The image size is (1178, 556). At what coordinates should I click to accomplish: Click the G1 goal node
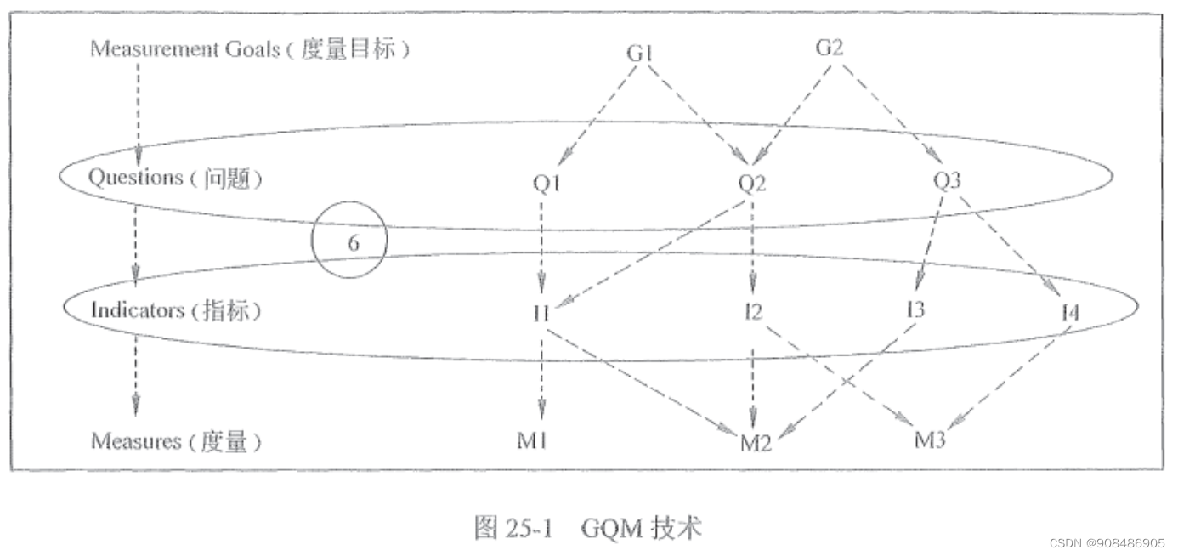pyautogui.click(x=639, y=53)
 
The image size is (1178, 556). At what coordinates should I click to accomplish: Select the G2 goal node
pyautogui.click(x=829, y=48)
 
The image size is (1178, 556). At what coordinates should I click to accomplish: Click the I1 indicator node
pyautogui.click(x=541, y=313)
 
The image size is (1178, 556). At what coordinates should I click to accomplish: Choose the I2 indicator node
pyautogui.click(x=750, y=311)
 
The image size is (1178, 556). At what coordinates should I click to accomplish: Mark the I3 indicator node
pyautogui.click(x=915, y=309)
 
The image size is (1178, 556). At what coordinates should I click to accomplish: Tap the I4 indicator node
pyautogui.click(x=1070, y=313)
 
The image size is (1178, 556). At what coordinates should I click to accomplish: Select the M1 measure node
pyautogui.click(x=532, y=440)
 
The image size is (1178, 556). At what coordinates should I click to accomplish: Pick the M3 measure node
pyautogui.click(x=930, y=440)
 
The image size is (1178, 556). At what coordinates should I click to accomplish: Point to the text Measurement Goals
pyautogui.click(x=184, y=49)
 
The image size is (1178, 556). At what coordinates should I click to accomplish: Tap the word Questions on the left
pyautogui.click(x=136, y=178)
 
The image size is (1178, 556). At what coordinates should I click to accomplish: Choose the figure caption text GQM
pyautogui.click(x=610, y=529)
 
